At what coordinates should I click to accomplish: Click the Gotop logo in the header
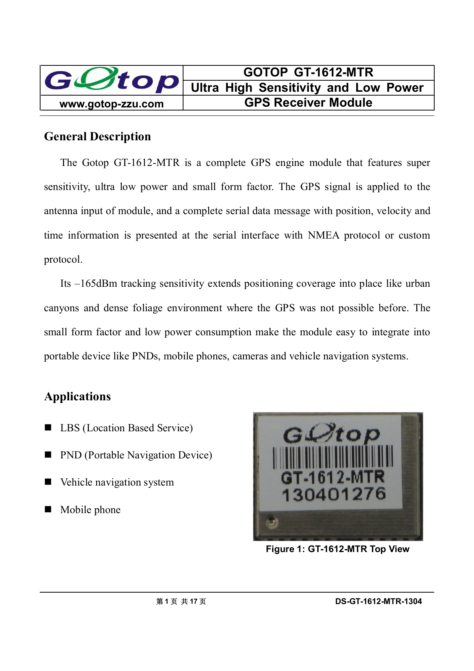112,81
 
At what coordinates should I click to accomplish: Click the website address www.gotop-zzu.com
112,104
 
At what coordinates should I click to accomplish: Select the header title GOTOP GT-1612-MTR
308,72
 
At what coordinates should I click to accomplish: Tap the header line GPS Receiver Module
308,102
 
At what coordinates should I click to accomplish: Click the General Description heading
97,136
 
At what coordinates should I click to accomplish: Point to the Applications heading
77,396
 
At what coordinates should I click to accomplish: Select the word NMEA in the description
323,235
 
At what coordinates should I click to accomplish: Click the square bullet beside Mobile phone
48,509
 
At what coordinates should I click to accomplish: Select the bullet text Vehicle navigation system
117,482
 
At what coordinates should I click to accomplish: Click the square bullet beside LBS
48,427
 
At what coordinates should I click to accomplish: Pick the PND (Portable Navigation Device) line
136,455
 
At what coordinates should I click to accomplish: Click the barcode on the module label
333,458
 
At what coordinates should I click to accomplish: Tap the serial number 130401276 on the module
334,494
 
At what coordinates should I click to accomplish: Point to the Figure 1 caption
338,549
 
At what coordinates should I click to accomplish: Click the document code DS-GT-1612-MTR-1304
378,601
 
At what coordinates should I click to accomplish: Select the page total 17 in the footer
193,601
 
